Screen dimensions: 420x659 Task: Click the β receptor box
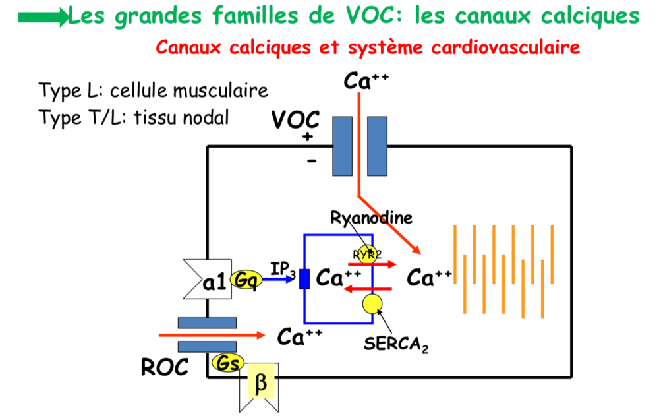pos(260,384)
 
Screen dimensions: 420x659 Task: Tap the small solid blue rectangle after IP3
pos(304,279)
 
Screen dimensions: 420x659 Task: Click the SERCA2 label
pos(396,344)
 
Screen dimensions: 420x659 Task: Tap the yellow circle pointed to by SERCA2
pos(372,303)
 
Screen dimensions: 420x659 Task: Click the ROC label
pos(164,367)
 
